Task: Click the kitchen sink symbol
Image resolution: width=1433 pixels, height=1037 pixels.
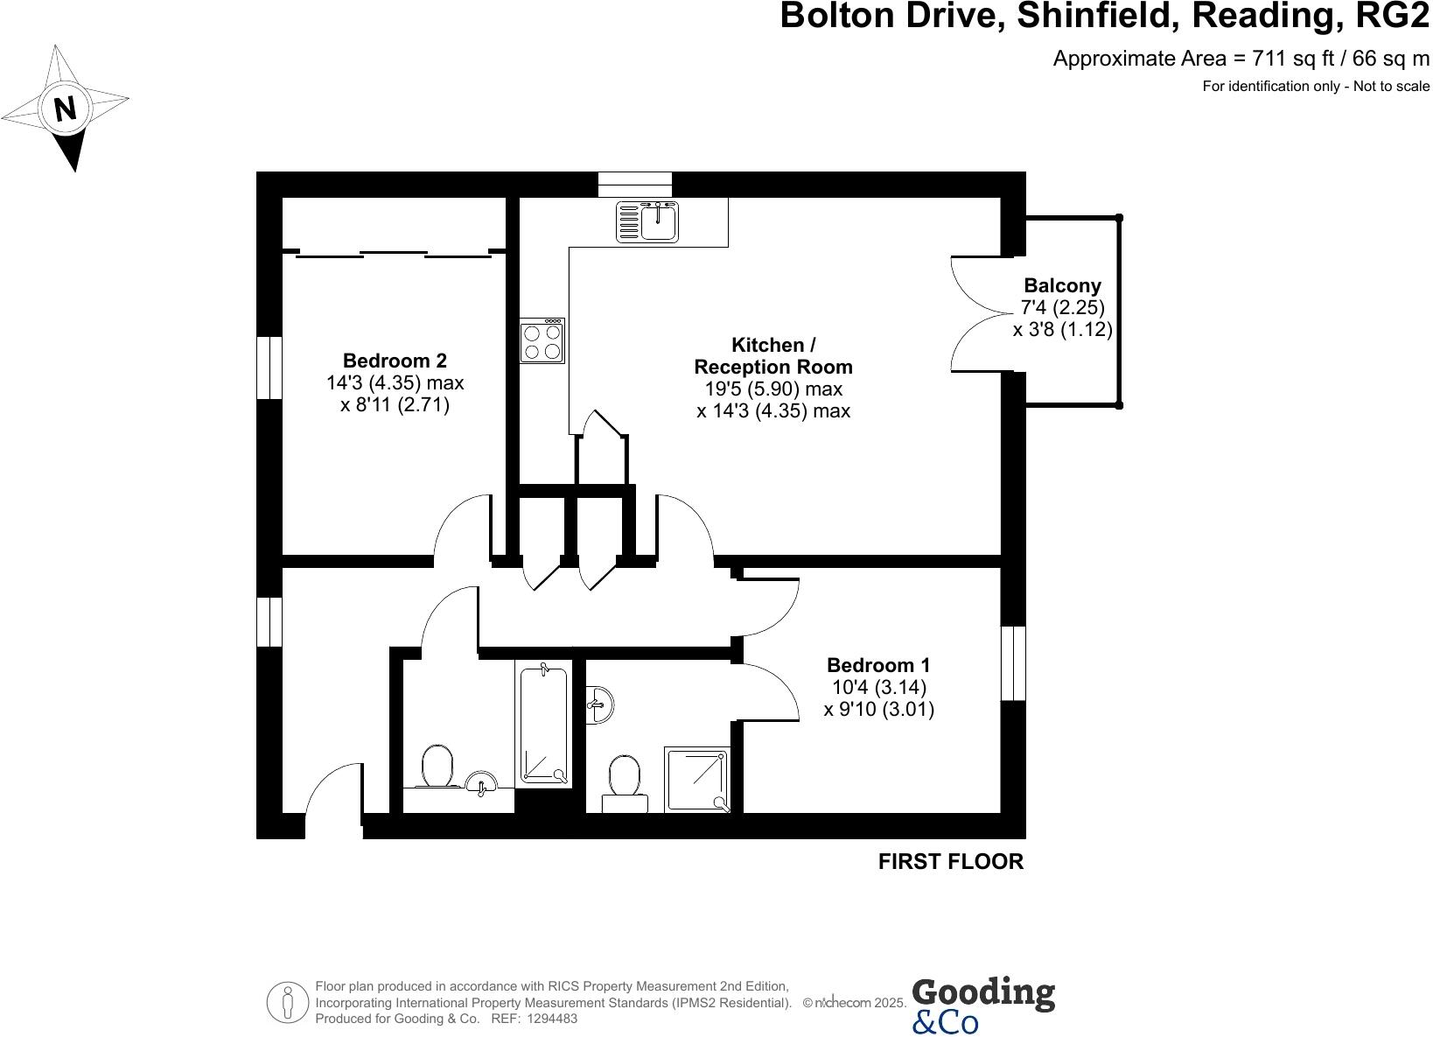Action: pos(647,221)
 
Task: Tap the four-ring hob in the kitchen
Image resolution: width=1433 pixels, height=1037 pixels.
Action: pos(542,340)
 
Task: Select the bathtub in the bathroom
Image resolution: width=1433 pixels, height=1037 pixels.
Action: pos(544,725)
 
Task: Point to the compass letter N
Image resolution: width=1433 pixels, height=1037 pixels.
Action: pos(65,109)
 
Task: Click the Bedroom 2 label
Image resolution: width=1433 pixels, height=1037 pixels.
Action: pos(395,361)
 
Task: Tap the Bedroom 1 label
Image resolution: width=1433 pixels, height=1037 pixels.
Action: pos(878,664)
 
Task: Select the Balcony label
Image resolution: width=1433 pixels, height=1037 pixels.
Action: pos(1062,285)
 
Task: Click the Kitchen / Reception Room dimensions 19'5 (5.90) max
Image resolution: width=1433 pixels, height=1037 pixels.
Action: pos(773,389)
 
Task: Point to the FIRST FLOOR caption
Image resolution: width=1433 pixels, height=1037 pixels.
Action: pos(950,862)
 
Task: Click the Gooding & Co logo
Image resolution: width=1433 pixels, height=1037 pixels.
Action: pos(982,1005)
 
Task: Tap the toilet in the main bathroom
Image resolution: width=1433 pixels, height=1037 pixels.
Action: pos(436,767)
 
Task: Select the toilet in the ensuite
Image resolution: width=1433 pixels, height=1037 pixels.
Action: pos(625,776)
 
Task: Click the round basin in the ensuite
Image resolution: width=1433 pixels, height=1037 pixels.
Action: pos(600,703)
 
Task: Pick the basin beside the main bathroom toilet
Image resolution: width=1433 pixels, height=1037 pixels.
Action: pos(481,783)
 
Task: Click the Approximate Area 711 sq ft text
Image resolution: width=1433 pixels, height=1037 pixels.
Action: pos(1241,59)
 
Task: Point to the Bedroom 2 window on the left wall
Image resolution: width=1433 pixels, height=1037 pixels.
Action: pos(269,368)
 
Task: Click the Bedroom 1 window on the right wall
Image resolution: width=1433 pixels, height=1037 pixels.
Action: pos(1012,663)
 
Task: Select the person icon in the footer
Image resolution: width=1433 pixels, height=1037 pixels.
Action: pos(286,1002)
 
